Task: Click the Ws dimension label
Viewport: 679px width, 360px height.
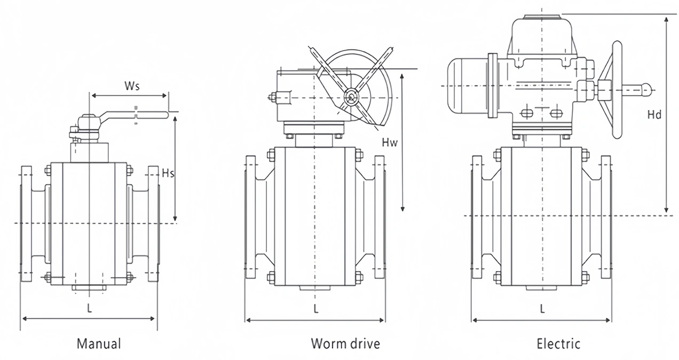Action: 132,86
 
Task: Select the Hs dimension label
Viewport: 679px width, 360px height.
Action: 168,174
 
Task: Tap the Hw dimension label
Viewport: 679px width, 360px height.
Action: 390,142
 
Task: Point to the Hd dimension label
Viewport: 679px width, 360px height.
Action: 654,115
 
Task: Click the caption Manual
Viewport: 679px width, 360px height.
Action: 99,343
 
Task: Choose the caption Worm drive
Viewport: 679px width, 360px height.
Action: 345,343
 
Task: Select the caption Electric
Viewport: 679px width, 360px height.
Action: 558,344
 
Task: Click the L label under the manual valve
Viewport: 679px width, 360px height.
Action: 89,308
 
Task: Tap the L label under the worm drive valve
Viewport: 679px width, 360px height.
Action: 316,309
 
